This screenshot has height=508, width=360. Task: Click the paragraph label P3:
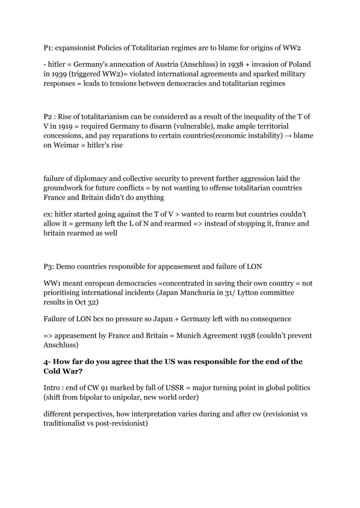coord(49,266)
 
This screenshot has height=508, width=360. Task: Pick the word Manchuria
coord(200,293)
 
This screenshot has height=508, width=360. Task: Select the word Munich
coord(188,335)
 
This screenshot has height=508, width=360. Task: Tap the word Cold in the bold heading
coord(53,371)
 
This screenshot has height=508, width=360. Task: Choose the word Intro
coord(52,388)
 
